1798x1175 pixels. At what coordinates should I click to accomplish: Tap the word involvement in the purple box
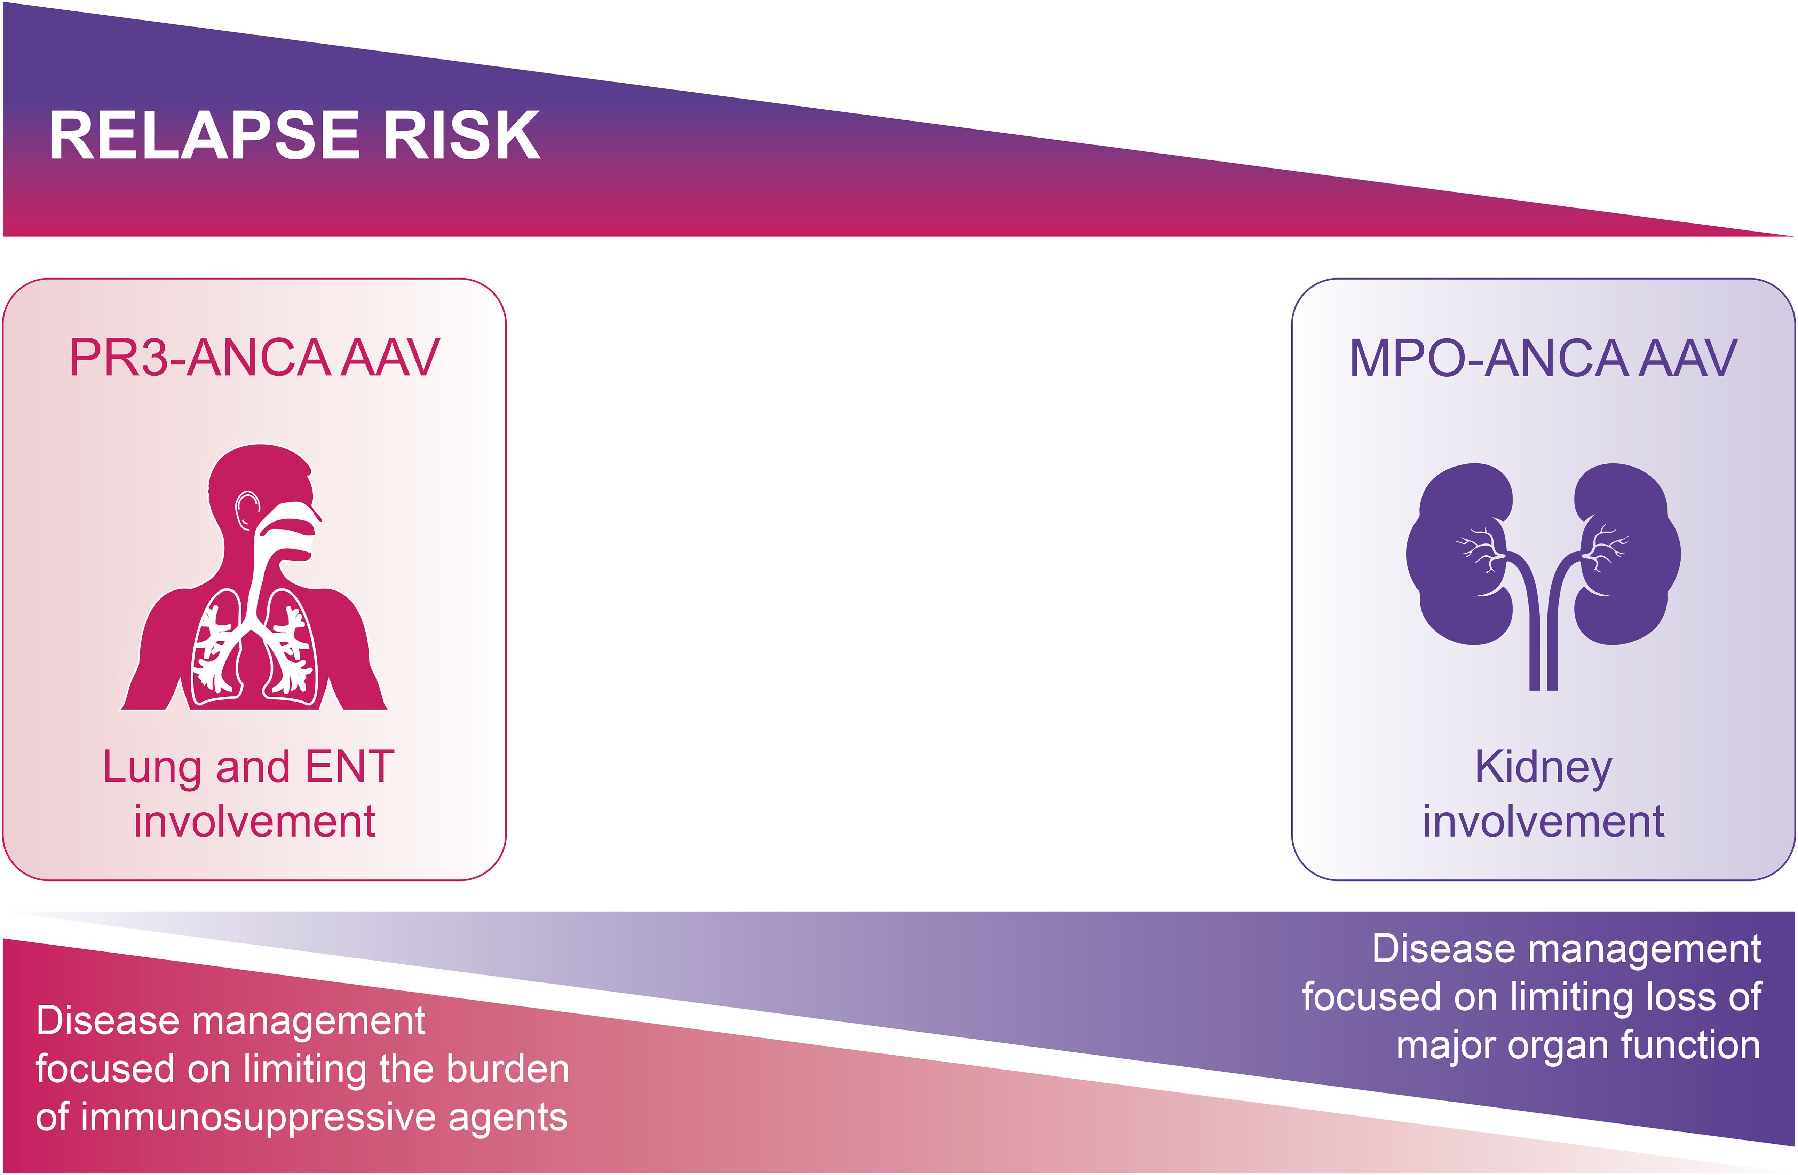click(1543, 821)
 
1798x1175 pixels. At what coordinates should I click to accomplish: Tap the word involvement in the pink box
click(255, 821)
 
